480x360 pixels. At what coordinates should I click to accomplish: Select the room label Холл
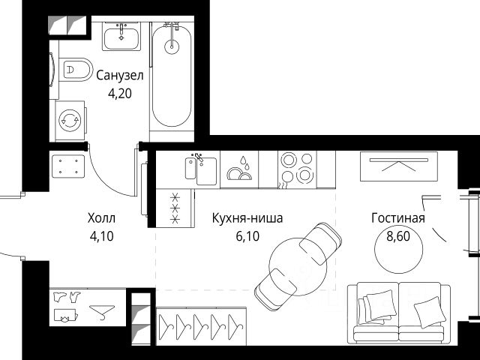(x=101, y=218)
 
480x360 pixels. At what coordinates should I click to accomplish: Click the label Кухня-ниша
(x=247, y=218)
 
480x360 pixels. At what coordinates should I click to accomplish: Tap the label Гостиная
(x=397, y=218)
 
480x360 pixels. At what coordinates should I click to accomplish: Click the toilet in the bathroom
(x=76, y=70)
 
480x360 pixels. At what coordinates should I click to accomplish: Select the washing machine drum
(x=70, y=120)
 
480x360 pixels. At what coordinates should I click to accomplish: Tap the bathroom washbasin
(x=121, y=37)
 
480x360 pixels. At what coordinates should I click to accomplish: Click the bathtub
(x=173, y=75)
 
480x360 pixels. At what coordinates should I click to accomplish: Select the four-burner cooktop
(x=296, y=169)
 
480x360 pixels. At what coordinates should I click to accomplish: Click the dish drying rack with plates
(x=239, y=170)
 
